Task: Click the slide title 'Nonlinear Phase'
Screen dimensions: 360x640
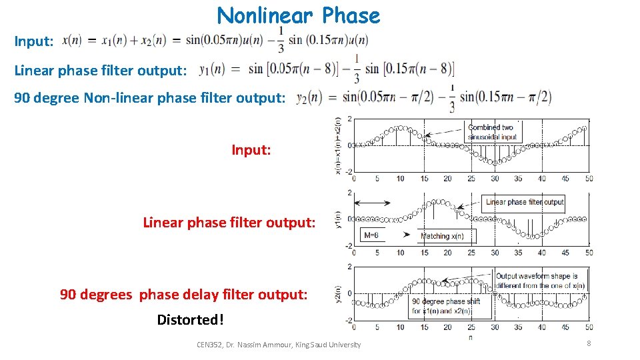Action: click(298, 15)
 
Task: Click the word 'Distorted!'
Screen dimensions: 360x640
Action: click(190, 320)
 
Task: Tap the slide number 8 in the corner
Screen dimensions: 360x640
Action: click(589, 343)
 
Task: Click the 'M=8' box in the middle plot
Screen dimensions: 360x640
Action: click(372, 235)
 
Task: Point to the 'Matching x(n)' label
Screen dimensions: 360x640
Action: click(447, 236)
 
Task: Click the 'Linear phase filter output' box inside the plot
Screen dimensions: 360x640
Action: click(525, 202)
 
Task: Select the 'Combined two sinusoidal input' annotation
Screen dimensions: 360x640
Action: click(491, 132)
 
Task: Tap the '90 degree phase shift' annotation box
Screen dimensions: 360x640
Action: click(446, 306)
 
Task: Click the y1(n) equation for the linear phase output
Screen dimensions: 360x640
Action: click(327, 68)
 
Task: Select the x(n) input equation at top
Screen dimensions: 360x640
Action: click(213, 40)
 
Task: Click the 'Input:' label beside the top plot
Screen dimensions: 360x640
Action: click(251, 150)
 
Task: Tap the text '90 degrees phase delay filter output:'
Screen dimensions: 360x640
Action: click(184, 294)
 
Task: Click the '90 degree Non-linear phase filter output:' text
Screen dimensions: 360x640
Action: click(150, 98)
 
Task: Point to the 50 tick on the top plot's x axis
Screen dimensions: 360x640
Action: click(589, 179)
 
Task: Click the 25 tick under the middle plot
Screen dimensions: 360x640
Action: click(471, 253)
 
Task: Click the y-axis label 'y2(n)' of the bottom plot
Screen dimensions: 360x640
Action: click(338, 293)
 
